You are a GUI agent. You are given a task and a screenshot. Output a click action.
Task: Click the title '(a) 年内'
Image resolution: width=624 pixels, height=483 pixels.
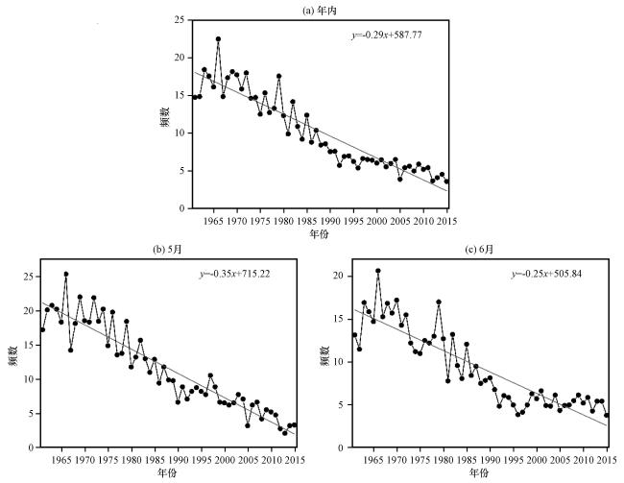pos(320,11)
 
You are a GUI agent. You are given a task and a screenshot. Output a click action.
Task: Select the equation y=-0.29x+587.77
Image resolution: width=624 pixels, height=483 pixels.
pos(387,35)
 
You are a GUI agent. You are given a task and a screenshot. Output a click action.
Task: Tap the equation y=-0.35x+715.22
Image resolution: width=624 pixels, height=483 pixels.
pos(235,274)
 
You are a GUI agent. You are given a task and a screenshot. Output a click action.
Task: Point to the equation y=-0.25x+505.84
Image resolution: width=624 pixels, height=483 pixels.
pos(546,274)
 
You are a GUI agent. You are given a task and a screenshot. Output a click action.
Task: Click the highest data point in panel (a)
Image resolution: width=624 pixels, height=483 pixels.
pos(218,39)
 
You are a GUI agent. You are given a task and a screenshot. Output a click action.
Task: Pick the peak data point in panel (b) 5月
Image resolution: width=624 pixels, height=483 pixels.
pos(66,274)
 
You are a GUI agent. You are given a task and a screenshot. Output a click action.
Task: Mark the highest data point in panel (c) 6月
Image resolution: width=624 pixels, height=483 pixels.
pos(378,271)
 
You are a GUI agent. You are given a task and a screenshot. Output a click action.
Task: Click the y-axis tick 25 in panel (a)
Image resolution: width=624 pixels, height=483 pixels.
pos(180,20)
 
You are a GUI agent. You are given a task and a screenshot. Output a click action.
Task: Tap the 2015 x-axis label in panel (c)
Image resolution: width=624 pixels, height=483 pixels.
pos(608,460)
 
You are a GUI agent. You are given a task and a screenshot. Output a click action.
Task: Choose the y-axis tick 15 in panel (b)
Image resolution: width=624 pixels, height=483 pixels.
pos(29,345)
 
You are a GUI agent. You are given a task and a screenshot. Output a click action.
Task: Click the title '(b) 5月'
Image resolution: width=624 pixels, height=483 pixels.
pos(167,250)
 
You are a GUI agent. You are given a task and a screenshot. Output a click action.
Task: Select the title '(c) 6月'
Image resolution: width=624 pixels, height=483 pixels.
pos(479,250)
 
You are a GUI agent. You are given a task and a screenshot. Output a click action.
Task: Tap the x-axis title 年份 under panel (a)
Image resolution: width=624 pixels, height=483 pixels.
pos(320,233)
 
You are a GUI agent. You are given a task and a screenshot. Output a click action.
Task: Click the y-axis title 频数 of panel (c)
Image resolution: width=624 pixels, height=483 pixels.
pos(325,355)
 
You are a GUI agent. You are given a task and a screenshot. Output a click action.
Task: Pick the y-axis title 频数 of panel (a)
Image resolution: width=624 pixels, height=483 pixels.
pos(165,116)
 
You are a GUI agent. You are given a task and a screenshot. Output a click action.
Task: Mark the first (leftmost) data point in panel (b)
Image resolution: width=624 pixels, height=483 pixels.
pos(42,329)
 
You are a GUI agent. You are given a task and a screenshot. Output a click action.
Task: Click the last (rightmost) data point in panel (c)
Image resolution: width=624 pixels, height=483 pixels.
pos(607,416)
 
